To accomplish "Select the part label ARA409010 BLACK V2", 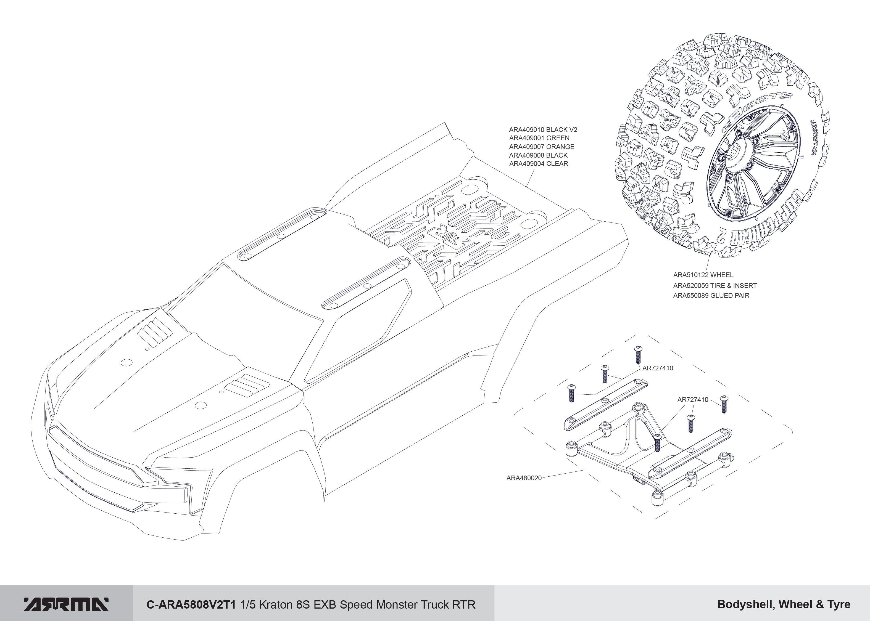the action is pos(543,130).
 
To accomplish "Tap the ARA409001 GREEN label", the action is pos(539,138).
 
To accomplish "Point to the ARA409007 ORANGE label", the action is pos(541,147).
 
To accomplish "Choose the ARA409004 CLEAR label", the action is pos(538,164).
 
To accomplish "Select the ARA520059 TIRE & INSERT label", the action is pos(715,285).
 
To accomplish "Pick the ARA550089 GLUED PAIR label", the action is pos(711,295).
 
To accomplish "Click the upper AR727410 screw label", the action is pos(658,368).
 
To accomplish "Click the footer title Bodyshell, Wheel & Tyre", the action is pos(784,604).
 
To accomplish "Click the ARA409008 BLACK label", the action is pos(538,155).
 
